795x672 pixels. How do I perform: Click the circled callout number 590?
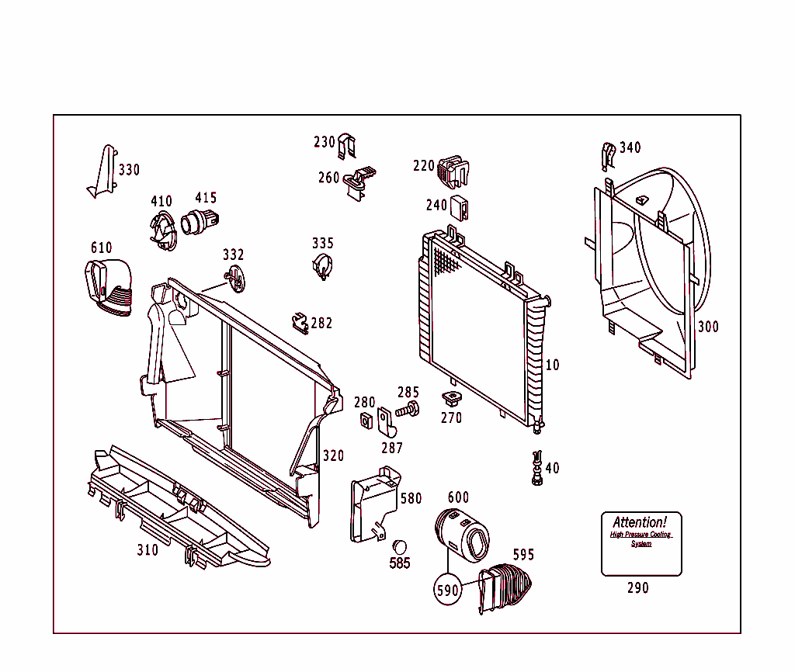[448, 590]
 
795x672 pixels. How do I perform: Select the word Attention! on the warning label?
[640, 522]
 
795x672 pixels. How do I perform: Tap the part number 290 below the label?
[637, 588]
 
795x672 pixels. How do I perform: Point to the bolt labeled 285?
[408, 410]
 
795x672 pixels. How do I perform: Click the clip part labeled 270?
[450, 400]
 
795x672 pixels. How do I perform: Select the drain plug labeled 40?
[536, 468]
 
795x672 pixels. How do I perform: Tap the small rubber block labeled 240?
[460, 206]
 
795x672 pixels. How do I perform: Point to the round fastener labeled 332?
[234, 279]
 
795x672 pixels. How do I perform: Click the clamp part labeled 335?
[323, 266]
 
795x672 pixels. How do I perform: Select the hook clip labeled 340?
[609, 155]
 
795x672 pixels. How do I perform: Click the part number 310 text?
[148, 550]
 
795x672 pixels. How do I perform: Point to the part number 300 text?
[707, 327]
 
